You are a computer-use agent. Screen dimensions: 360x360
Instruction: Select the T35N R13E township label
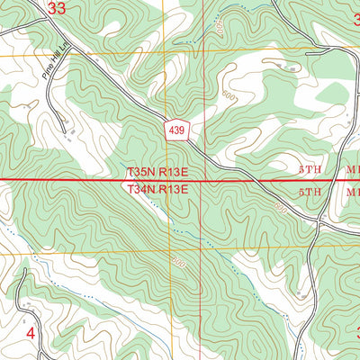157,171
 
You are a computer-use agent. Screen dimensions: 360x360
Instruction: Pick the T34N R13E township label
157,189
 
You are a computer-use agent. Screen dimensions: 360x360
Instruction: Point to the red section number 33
56,9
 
